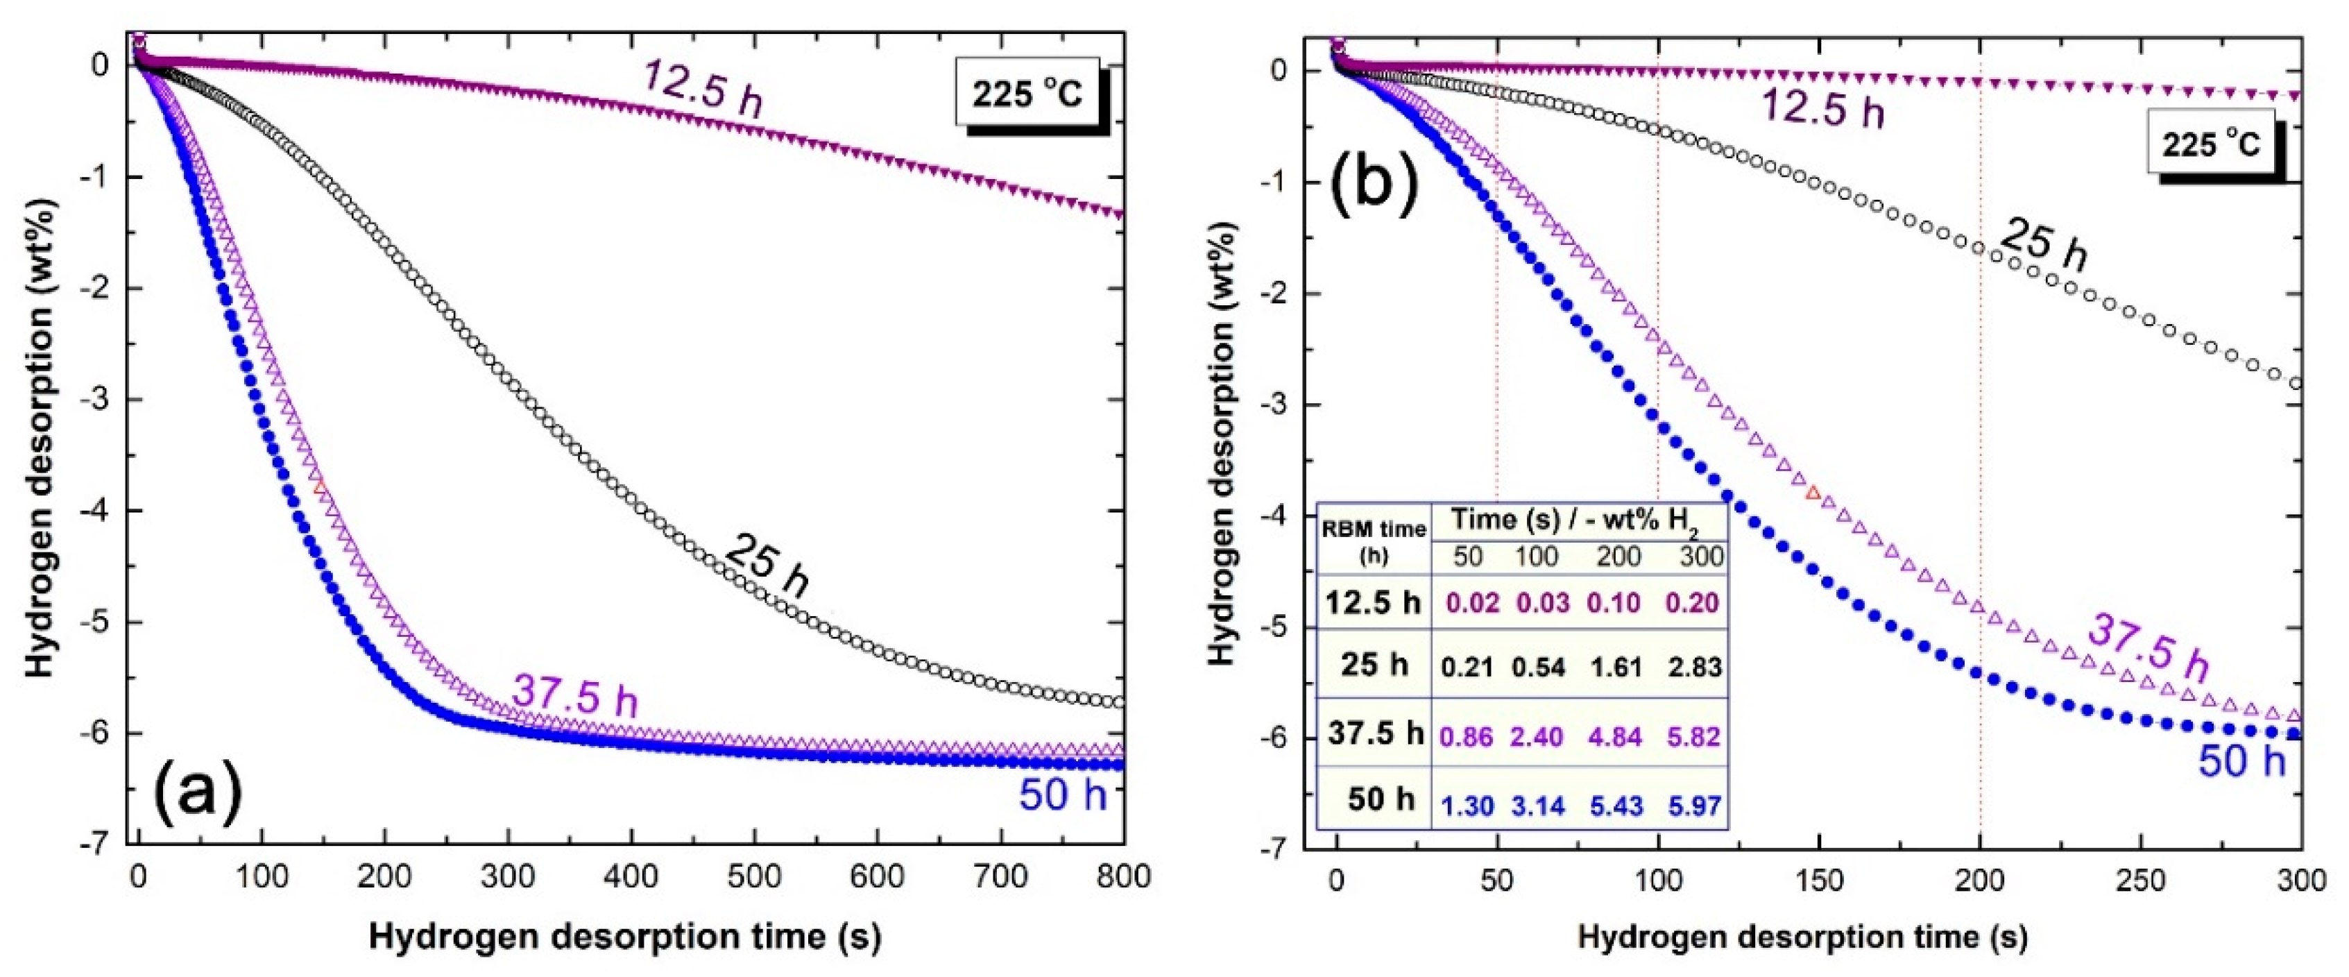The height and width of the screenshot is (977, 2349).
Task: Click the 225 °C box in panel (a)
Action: tap(1027, 93)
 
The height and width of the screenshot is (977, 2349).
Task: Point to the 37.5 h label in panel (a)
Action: tap(574, 695)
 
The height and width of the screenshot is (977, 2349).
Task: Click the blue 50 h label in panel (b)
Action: tap(2241, 760)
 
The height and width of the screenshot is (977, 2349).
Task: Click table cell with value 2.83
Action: tap(1694, 667)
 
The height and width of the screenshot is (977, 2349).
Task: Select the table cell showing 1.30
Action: tap(1467, 806)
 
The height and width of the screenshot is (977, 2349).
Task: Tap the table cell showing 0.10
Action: tap(1614, 602)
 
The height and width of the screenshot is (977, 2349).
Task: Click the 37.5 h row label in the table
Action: tap(1375, 733)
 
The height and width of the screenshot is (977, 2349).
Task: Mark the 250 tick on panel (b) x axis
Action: tap(2140, 881)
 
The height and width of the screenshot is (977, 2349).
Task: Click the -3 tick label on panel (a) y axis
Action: tap(95, 400)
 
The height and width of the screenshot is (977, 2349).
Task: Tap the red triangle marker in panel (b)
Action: tap(1813, 493)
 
